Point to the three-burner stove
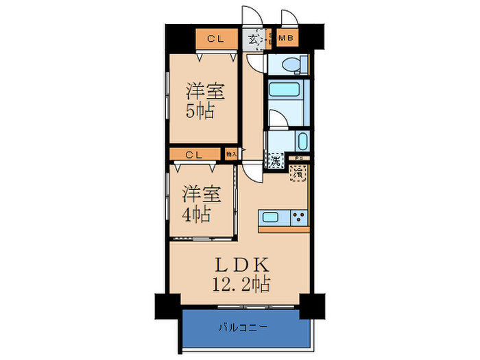pos(298,218)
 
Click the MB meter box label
pos(288,38)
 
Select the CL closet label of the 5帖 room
pos(214,38)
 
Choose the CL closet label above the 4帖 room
pos(193,155)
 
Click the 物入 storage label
pos(231,155)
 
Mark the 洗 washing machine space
pos(275,163)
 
